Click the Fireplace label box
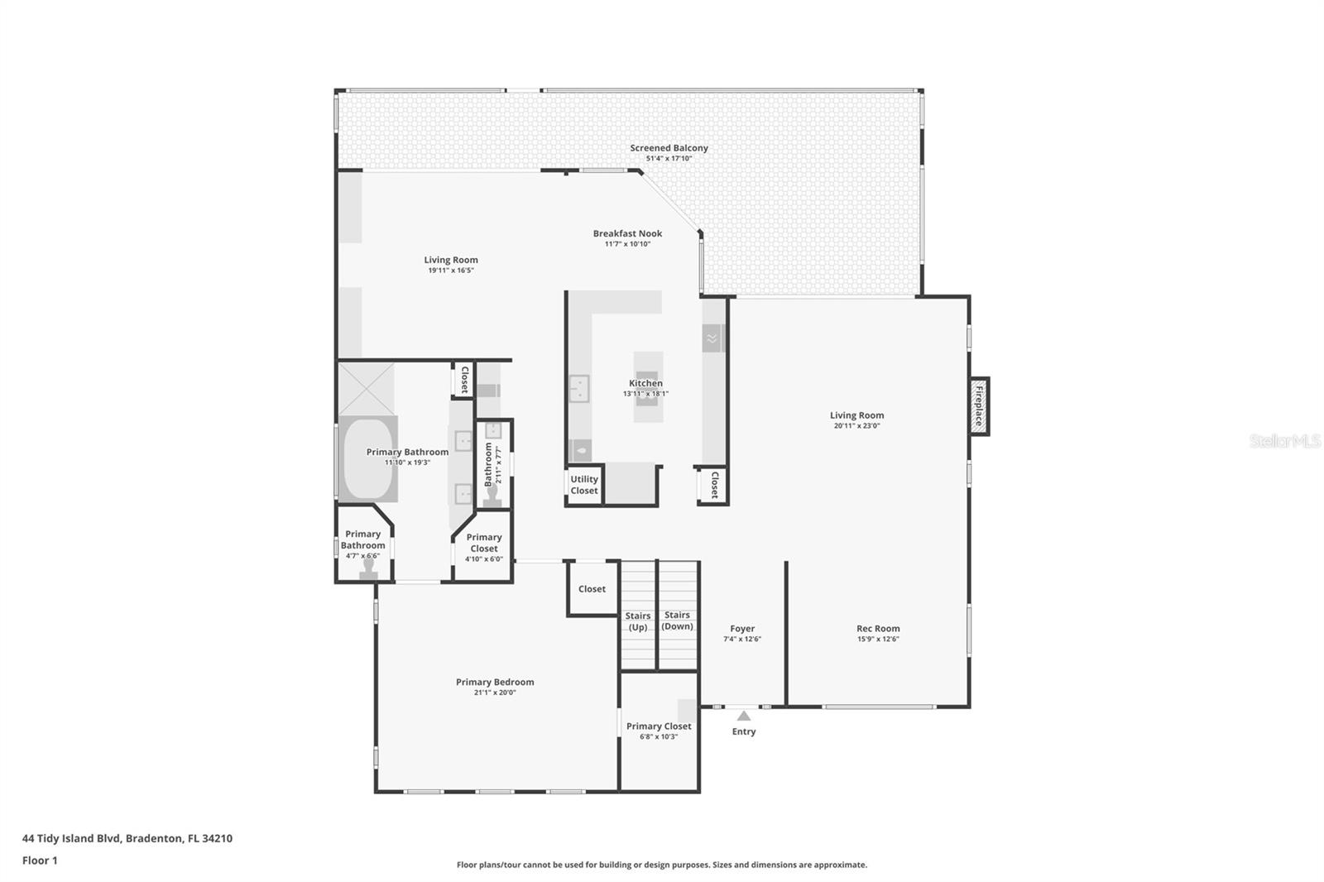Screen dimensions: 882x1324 tap(979, 405)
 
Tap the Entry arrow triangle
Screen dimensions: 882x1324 tap(744, 716)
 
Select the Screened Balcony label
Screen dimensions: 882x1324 tap(669, 148)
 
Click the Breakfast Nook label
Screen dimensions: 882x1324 tap(627, 233)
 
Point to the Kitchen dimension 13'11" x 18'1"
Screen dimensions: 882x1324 tap(645, 394)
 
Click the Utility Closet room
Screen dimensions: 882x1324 tap(584, 486)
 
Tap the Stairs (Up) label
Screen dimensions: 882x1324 tap(637, 621)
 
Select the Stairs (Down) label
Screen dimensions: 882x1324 tap(677, 621)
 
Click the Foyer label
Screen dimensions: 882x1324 tap(742, 629)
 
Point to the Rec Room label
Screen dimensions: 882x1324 tap(878, 629)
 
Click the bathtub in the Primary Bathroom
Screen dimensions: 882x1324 tap(367, 459)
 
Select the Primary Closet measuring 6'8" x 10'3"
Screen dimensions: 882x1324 tap(659, 731)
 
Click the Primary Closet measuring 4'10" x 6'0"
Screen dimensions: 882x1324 tap(484, 546)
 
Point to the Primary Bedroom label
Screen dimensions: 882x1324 tap(495, 683)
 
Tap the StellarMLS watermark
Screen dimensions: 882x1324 tap(1284, 442)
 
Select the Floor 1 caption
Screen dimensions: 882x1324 tap(40, 860)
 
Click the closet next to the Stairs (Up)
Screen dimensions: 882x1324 tap(592, 589)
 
